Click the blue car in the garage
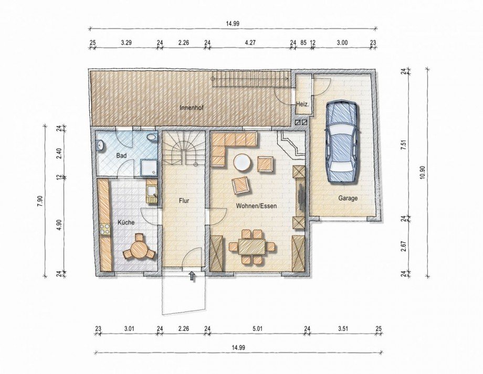coord(342,142)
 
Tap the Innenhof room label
coord(192,108)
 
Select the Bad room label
coord(121,156)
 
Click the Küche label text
coord(126,222)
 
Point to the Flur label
coord(184,201)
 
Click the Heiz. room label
coord(302,104)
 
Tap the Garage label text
coord(348,198)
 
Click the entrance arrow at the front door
coord(192,276)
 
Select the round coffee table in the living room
coord(243,163)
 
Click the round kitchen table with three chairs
coord(139,248)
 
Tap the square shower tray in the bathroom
coord(149,168)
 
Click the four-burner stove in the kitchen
coord(105,229)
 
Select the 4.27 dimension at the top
coord(250,43)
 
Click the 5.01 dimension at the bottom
coord(257,329)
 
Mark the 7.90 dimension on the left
coord(40,201)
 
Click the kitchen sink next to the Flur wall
coord(152,191)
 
